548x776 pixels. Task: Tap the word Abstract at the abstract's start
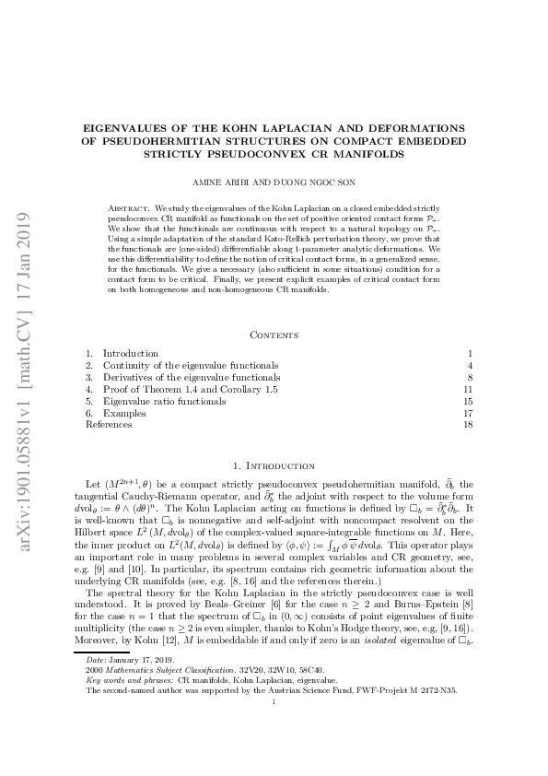127,210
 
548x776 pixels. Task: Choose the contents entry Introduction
130,353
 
